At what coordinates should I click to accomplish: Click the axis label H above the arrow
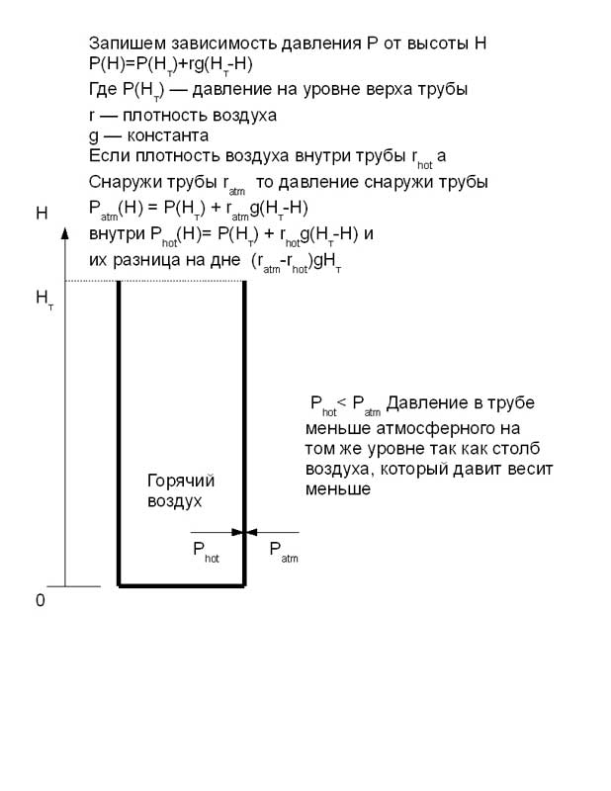[x=42, y=213]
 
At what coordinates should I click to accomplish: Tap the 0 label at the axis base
[x=41, y=600]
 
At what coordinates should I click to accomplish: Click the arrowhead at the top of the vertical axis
[x=65, y=234]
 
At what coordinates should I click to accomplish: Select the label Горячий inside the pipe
[x=181, y=481]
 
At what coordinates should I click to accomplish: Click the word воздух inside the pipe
[x=175, y=501]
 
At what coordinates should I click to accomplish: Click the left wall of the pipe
[x=119, y=435]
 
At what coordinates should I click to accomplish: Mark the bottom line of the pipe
[x=181, y=586]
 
